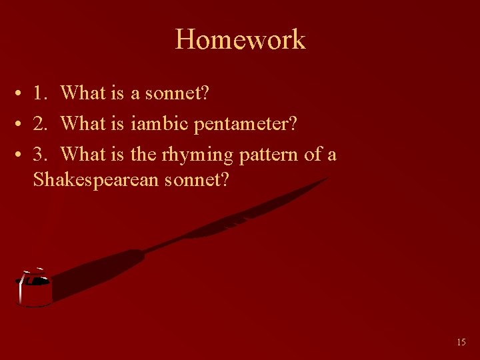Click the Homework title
(240, 39)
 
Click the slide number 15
(461, 342)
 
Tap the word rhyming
(197, 155)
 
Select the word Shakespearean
(95, 179)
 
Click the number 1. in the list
(41, 93)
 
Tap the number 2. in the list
(41, 124)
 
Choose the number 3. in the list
(41, 155)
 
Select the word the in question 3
(143, 155)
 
